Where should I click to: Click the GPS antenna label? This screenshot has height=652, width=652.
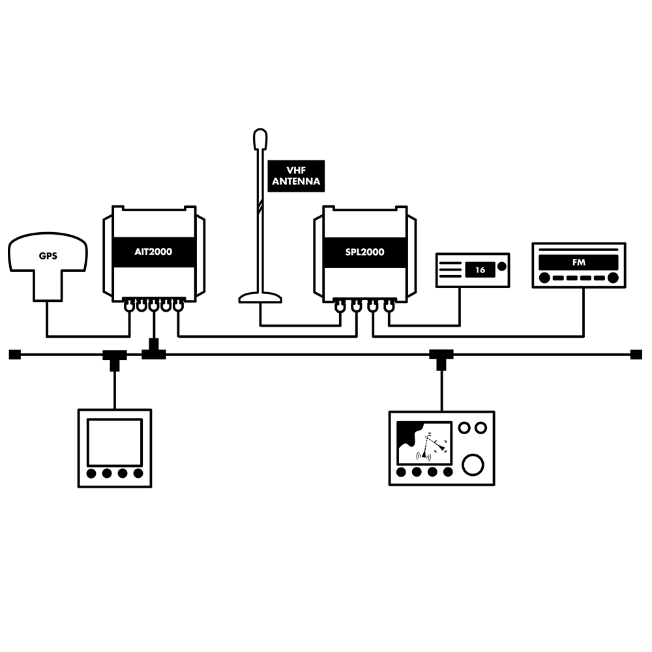(x=48, y=256)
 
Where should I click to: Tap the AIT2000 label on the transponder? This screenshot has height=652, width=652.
(x=153, y=252)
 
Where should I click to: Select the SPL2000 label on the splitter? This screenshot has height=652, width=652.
(x=364, y=252)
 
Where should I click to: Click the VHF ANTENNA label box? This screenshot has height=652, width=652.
(x=295, y=176)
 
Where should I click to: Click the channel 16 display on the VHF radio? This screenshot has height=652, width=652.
(x=480, y=270)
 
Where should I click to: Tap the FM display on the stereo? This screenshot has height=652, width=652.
(x=578, y=262)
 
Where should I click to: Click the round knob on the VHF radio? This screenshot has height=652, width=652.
(x=502, y=266)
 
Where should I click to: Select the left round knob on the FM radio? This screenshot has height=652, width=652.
(x=544, y=278)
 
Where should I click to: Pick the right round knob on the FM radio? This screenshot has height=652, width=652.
(x=613, y=278)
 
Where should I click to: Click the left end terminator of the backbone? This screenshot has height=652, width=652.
(x=14, y=355)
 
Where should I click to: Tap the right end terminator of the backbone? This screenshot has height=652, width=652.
(x=636, y=355)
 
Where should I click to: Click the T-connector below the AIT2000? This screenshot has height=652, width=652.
(x=154, y=350)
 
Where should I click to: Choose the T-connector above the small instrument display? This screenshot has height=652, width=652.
(x=115, y=359)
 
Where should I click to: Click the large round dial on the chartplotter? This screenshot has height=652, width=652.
(x=473, y=464)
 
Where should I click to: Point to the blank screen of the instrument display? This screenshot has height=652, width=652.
(x=115, y=443)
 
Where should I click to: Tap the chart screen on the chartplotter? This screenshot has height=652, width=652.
(x=424, y=443)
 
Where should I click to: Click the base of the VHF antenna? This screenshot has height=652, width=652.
(x=260, y=298)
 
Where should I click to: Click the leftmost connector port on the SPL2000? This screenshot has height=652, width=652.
(x=340, y=307)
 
